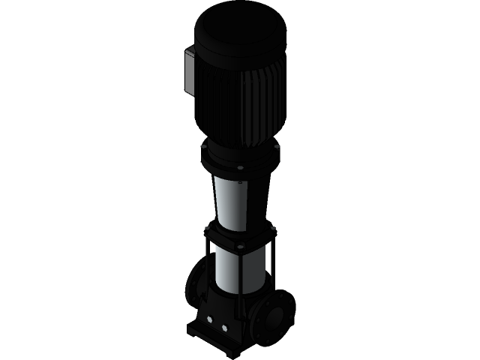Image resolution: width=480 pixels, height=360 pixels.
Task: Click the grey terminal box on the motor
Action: (188, 72)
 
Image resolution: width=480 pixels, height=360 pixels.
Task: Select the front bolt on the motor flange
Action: (239, 167)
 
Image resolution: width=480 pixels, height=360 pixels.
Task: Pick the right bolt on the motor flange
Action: (277, 147)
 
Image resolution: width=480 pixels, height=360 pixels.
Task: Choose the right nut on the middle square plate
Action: (272, 227)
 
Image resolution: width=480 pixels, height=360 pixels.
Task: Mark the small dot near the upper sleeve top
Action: (239, 181)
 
